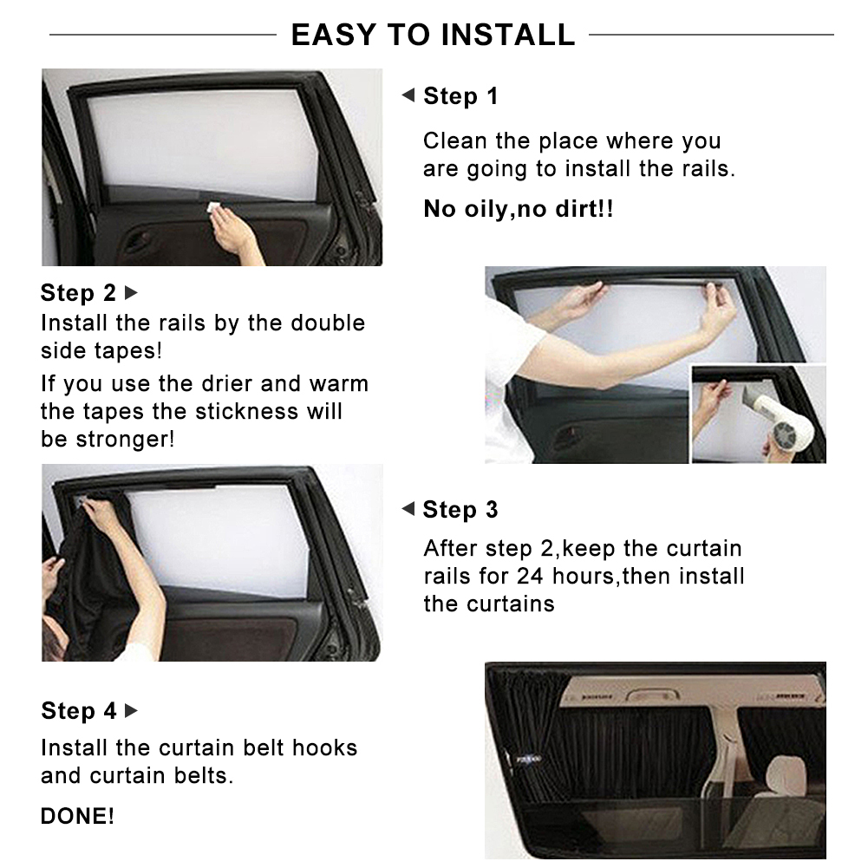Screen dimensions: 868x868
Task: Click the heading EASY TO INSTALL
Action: [433, 35]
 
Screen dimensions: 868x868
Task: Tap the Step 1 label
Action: [460, 96]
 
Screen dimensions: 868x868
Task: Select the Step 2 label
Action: [78, 293]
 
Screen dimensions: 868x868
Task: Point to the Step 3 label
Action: [460, 510]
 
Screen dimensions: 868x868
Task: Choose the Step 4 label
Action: [78, 711]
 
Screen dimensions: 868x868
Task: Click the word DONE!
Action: [77, 816]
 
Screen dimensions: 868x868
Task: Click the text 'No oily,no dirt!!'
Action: [518, 209]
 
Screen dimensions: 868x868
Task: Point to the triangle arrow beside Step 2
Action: [132, 293]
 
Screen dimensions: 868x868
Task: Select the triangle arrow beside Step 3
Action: [408, 510]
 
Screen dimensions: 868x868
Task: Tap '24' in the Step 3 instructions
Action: [530, 576]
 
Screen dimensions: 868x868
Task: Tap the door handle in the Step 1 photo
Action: [139, 243]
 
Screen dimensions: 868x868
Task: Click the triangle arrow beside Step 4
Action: [132, 711]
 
